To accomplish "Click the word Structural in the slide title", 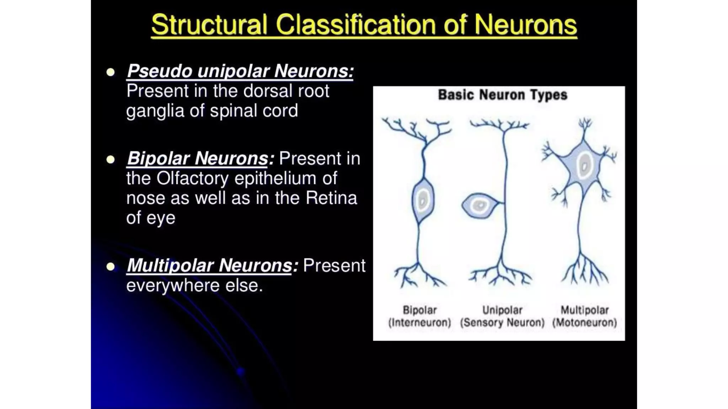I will [209, 25].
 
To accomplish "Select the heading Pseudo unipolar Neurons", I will [240, 71].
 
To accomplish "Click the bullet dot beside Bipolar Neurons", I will [111, 159].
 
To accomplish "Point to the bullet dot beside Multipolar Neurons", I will [111, 266].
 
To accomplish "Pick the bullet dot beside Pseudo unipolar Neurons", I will [111, 72].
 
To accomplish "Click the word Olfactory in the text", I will [192, 178].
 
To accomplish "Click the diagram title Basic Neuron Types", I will [502, 95].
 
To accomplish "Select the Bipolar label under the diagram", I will [419, 310].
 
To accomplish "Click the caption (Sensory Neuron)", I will [502, 323].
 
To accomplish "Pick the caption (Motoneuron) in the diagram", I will [584, 323].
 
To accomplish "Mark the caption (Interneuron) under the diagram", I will [419, 323].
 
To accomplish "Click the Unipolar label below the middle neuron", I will [502, 310].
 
